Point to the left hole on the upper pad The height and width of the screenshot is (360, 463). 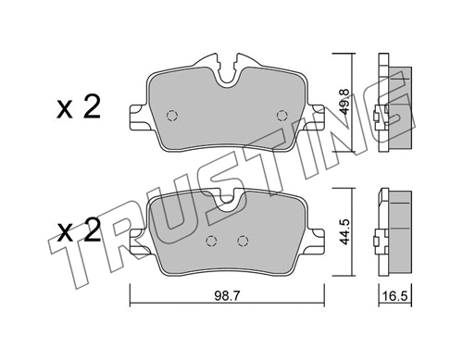tap(169, 116)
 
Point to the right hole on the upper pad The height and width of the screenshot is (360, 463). tap(282, 114)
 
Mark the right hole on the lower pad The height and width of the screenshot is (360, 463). tap(243, 242)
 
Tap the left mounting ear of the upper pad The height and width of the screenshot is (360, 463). tap(136, 118)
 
